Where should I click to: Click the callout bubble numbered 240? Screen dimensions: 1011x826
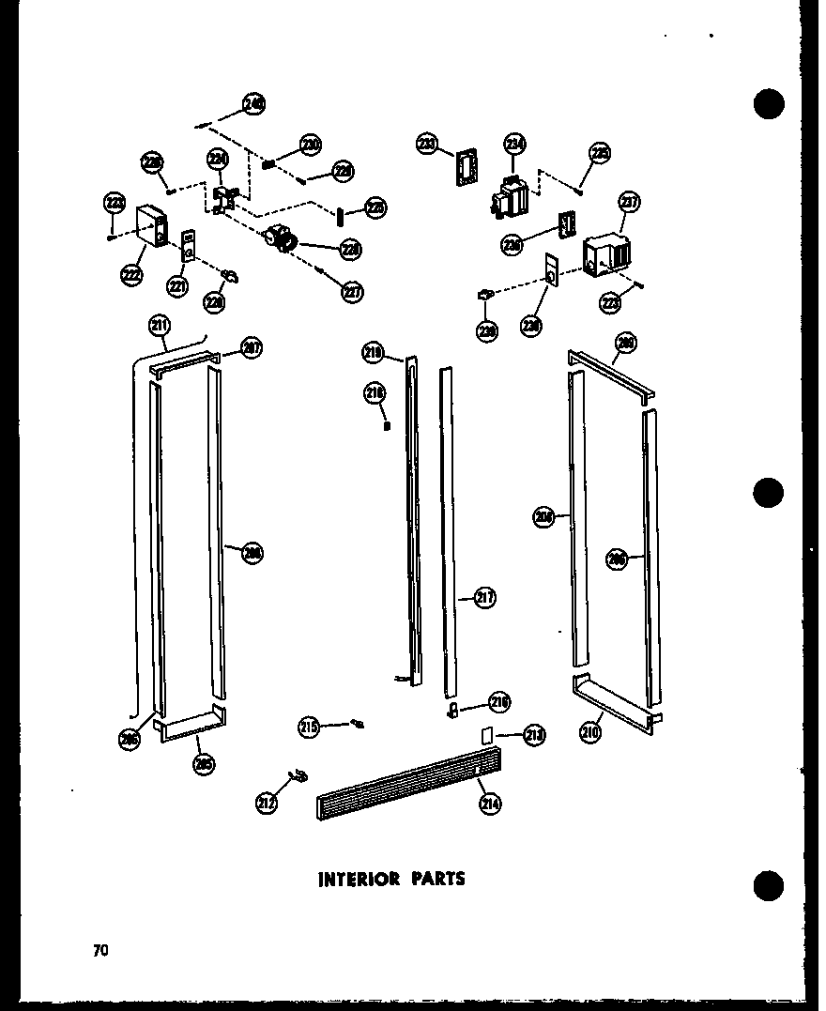[x=253, y=104]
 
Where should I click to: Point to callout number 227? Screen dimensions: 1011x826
[x=352, y=292]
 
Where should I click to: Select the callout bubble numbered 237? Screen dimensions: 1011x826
[x=628, y=204]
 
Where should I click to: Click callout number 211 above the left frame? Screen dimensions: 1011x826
[x=160, y=326]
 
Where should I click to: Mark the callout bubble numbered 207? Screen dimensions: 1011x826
[x=251, y=347]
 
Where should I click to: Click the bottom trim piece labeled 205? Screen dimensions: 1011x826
[x=193, y=728]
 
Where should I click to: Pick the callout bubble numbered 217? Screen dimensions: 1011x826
[x=484, y=597]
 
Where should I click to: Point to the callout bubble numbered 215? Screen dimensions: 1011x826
[x=309, y=726]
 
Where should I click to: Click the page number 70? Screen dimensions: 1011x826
[x=100, y=950]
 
